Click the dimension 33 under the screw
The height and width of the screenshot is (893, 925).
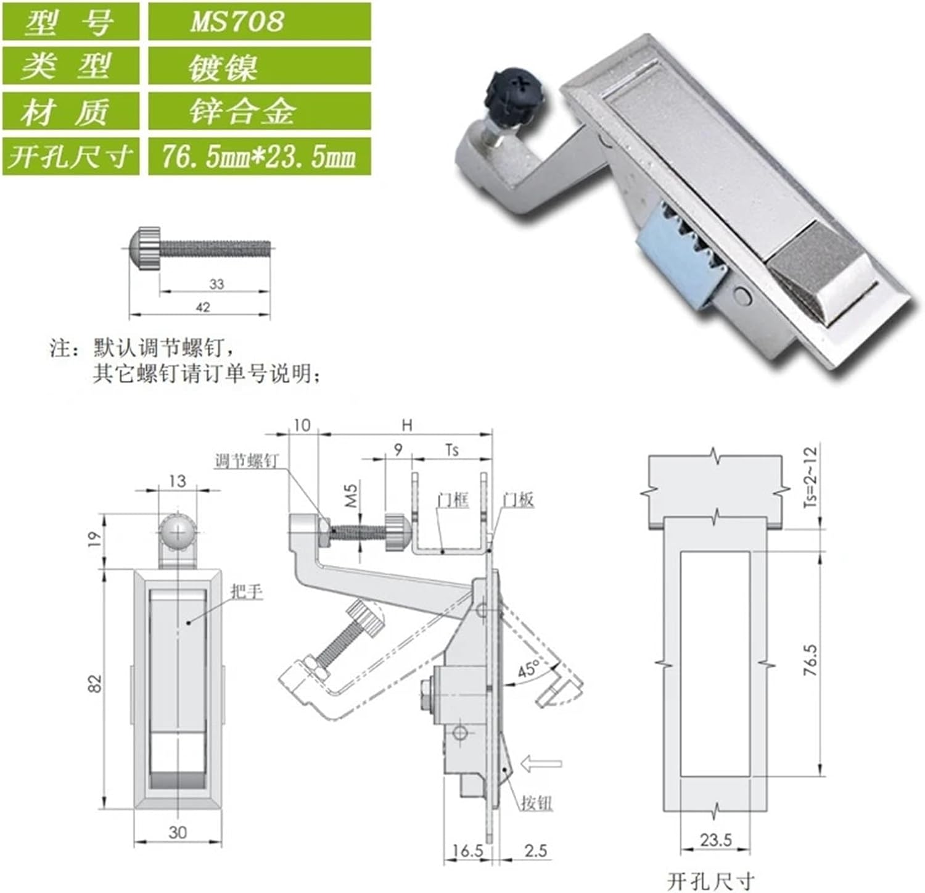coord(216,284)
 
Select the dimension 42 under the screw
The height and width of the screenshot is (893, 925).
coord(202,307)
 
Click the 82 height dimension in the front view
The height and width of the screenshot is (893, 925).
coord(94,683)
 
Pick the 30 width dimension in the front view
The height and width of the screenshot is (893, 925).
coord(178,832)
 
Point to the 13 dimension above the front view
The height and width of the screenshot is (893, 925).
coord(177,480)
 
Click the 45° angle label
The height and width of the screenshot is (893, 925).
coord(528,669)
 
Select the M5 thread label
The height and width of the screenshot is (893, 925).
coord(350,496)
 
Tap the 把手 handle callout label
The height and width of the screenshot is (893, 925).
coord(247,591)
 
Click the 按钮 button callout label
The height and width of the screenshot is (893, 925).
coord(536,803)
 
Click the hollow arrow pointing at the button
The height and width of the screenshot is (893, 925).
coord(541,764)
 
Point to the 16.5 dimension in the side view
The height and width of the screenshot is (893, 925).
coord(467,851)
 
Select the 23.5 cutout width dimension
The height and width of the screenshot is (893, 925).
coord(715,839)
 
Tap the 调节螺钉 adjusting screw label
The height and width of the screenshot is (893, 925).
coord(246,461)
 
